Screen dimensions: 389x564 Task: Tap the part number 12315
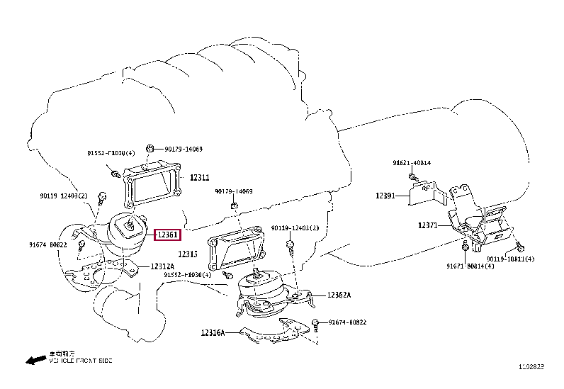[188, 254]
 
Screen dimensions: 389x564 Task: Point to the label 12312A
[162, 266]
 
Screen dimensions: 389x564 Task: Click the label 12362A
[339, 295]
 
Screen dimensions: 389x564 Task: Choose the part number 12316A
[212, 332]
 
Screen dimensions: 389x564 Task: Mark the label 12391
[385, 196]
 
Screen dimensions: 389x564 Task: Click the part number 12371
[428, 225]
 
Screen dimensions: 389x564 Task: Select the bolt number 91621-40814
[412, 163]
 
